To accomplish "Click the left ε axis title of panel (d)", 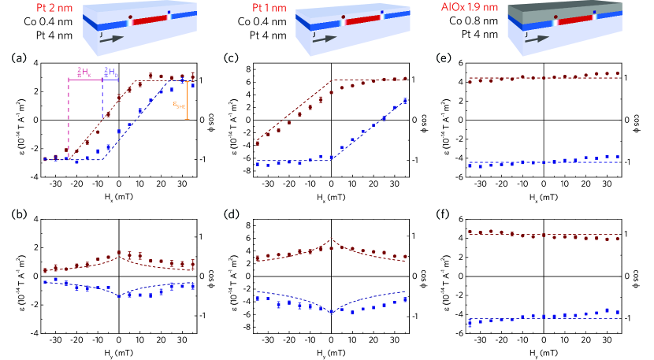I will pyautogui.click(x=230, y=276).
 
